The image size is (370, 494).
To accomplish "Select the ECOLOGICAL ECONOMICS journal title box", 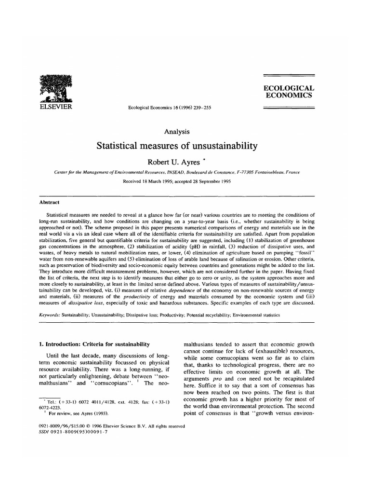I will (x=288, y=92).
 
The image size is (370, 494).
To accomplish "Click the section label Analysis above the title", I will (x=177, y=131).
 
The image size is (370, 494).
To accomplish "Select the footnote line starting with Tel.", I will (x=104, y=401).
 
